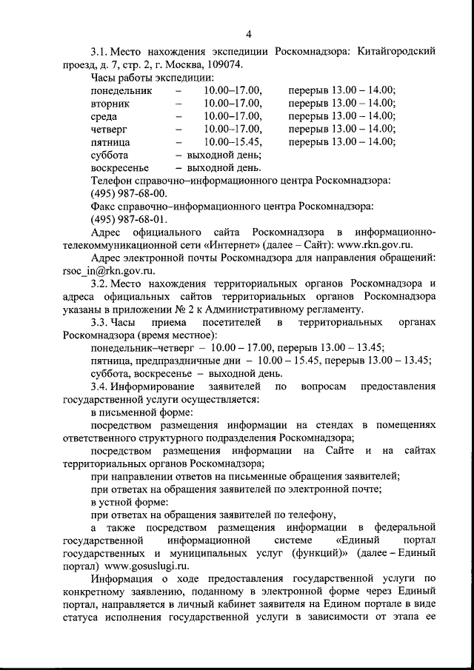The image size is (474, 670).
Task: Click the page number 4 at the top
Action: tap(249, 33)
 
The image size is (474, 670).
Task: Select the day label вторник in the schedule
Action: tap(110, 104)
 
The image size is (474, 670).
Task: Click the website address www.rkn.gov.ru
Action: tap(385, 245)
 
